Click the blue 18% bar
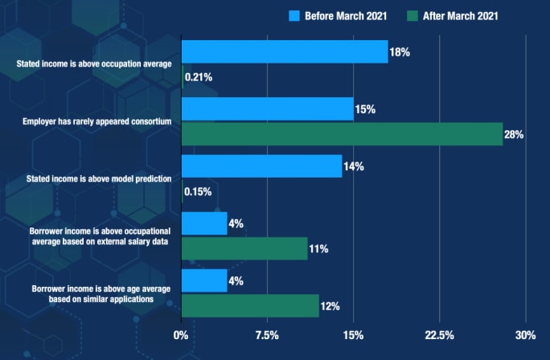[x=285, y=51]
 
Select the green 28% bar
[x=343, y=134]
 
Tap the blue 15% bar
[x=268, y=109]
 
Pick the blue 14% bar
[x=262, y=166]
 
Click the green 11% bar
[x=244, y=248]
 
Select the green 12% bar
[x=250, y=305]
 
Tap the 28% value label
[x=514, y=134]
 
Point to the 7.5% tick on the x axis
[x=267, y=334]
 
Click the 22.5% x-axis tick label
[x=439, y=334]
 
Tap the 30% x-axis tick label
[x=524, y=334]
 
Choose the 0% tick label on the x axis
[x=181, y=334]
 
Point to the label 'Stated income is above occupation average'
[x=94, y=63]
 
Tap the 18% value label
[x=400, y=51]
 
